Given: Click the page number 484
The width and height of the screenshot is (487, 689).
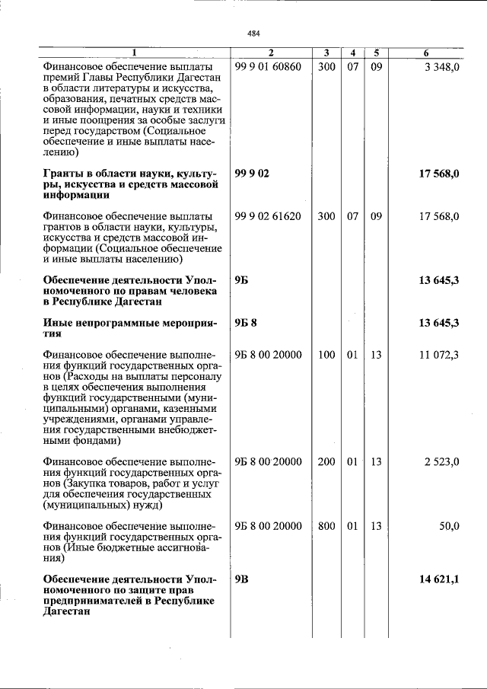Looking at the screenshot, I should coord(254,33).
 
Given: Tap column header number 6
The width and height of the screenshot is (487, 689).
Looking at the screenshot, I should coord(426,53).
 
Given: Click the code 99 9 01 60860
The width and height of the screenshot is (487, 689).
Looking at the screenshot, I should coord(269,67).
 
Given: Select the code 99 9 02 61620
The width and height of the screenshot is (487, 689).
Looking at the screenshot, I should coord(269,217).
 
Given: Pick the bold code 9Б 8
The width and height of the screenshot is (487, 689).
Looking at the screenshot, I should coord(246,324).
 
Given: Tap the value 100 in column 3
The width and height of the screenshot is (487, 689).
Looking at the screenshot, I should coord(326,355).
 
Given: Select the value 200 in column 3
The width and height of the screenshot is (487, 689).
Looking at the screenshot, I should coord(326,462).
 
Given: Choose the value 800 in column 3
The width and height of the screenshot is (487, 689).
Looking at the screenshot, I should coord(326,526).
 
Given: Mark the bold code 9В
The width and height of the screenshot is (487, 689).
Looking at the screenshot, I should coord(241,579).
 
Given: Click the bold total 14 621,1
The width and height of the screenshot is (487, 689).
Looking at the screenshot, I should coord(438,579).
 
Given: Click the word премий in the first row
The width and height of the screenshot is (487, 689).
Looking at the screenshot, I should coord(61,78).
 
